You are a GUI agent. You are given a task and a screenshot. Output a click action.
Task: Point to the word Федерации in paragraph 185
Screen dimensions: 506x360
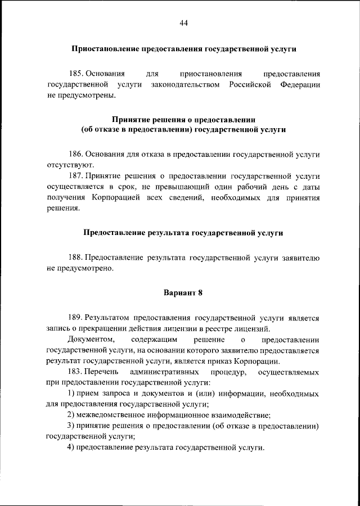coord(301,84)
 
